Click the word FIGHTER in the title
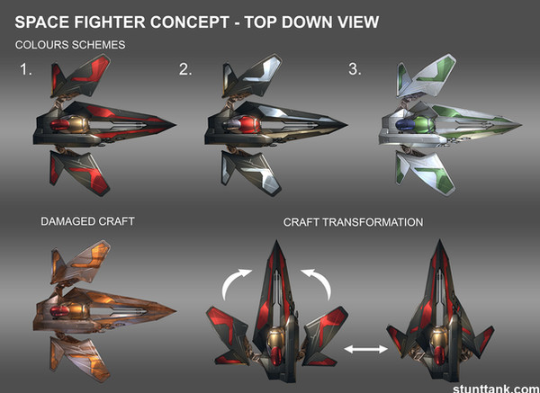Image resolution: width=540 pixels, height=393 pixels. click(109, 22)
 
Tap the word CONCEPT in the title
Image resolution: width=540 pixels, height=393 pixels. click(190, 22)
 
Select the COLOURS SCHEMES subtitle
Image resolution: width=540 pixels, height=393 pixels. click(70, 45)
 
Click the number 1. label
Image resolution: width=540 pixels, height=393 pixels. click(26, 69)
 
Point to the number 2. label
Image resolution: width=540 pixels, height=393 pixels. click(185, 69)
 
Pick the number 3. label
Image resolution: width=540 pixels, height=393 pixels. click(355, 69)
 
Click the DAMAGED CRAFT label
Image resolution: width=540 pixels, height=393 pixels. click(87, 221)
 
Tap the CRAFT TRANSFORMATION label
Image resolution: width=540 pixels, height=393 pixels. click(353, 222)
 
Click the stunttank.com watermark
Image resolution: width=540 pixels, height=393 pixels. click(496, 389)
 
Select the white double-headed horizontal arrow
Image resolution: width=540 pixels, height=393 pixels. click(365, 349)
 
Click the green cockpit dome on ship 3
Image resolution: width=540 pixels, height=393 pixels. click(423, 125)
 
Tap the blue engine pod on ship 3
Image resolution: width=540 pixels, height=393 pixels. click(404, 125)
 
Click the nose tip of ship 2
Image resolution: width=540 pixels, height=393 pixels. click(346, 125)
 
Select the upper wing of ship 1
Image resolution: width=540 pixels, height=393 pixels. click(81, 76)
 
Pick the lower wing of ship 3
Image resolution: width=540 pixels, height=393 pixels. click(426, 173)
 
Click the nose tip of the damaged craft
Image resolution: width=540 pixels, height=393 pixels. click(175, 311)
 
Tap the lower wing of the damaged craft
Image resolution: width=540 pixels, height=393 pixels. click(81, 359)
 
